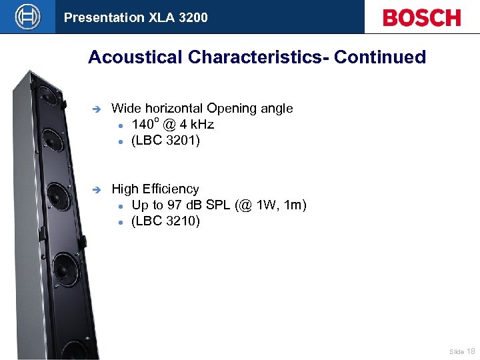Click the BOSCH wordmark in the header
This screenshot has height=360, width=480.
[x=421, y=17]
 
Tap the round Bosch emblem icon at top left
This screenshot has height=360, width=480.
[x=27, y=17]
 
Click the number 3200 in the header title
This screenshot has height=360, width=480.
[x=193, y=17]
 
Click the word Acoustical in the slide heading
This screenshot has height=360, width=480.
[x=136, y=57]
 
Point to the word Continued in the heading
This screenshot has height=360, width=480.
[x=379, y=57]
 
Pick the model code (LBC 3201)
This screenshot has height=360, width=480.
[x=165, y=141]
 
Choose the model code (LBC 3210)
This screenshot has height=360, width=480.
[x=165, y=221]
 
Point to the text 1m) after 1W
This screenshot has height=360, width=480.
[x=295, y=205]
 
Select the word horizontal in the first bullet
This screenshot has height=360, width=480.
[x=172, y=108]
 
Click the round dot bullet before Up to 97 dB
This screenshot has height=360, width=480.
[x=122, y=206]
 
